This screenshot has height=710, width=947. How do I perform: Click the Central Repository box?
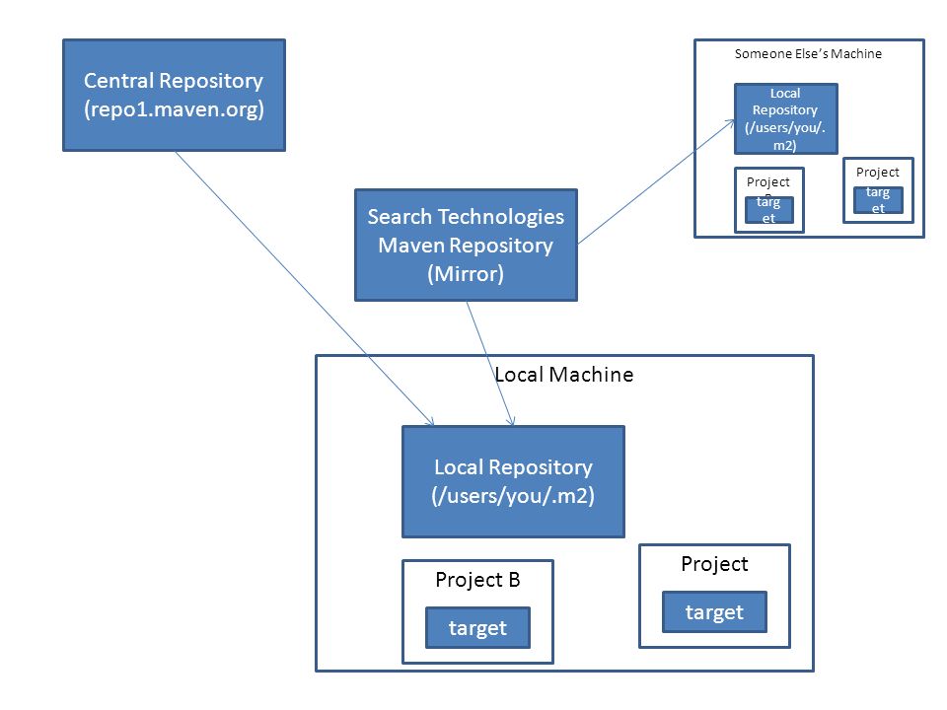click(x=174, y=96)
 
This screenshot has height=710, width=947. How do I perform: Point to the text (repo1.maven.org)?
click(x=174, y=109)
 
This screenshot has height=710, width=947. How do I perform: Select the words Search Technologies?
click(x=466, y=217)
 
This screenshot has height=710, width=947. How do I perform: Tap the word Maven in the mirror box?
click(x=411, y=246)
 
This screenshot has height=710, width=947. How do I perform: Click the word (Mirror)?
click(x=466, y=273)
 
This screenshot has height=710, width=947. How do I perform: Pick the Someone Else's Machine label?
click(x=808, y=53)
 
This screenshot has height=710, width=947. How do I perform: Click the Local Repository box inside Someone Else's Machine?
click(x=786, y=119)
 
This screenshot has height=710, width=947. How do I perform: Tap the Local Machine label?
click(x=564, y=375)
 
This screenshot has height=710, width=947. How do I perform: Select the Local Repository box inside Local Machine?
click(x=513, y=482)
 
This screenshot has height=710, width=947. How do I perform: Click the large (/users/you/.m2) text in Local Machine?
click(x=513, y=496)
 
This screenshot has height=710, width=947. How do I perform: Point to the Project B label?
click(x=477, y=580)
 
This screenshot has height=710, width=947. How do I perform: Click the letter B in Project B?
click(x=514, y=579)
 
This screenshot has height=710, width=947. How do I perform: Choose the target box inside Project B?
click(x=477, y=628)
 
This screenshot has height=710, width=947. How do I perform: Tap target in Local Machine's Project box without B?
click(x=714, y=612)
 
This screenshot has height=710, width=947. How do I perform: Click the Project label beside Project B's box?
click(x=714, y=564)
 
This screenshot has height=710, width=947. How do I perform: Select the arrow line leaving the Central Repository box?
click(x=305, y=289)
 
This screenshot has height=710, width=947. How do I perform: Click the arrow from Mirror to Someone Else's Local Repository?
click(x=656, y=181)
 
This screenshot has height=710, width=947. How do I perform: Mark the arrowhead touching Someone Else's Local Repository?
click(x=730, y=123)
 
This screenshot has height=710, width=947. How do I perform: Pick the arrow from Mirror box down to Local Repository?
click(x=490, y=364)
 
